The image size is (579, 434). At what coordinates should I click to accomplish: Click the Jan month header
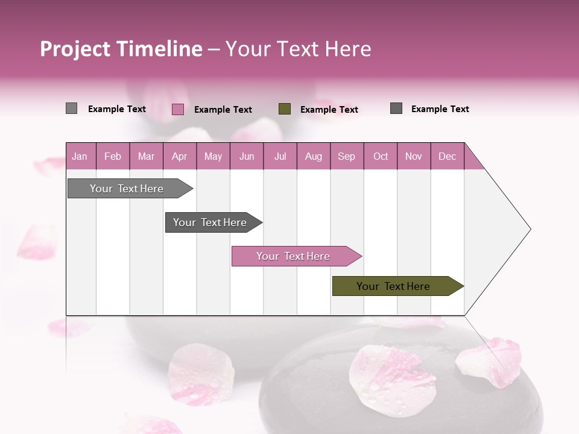80,156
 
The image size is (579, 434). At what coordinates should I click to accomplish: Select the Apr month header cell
180,156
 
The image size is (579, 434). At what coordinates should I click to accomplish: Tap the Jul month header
280,156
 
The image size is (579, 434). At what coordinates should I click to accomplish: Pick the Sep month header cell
347,156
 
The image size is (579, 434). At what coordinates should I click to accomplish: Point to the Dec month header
447,156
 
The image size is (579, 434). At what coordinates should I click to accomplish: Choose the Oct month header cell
381,156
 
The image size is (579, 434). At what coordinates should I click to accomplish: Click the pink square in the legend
178,109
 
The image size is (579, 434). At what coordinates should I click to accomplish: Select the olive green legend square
285,108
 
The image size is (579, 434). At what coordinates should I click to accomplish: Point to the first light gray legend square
71,108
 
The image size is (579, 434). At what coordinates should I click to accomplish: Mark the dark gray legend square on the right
396,108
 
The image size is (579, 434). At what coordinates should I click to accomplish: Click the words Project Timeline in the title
121,49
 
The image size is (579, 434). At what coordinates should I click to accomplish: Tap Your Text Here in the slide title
299,49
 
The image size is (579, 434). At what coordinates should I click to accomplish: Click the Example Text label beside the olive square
329,110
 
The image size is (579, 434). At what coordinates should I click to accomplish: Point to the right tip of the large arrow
529,228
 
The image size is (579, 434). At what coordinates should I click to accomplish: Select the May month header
213,156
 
